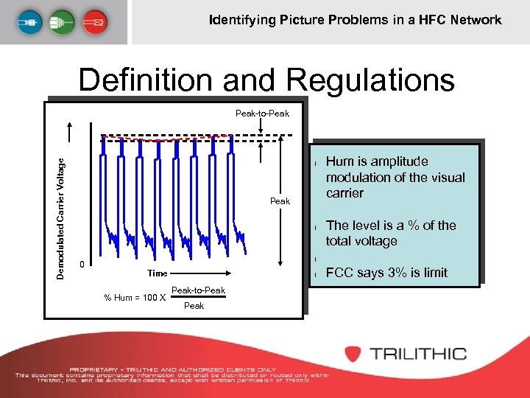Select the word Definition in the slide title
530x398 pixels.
[160, 80]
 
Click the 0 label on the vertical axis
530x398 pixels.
[82, 265]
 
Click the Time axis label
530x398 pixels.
[157, 273]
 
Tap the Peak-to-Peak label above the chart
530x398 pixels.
[262, 113]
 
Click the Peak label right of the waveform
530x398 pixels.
[280, 200]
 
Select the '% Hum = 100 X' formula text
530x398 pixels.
[134, 298]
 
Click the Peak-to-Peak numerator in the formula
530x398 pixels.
[198, 290]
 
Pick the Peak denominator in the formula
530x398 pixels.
[194, 306]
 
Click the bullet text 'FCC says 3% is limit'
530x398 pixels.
[386, 273]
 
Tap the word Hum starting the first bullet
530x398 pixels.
[340, 161]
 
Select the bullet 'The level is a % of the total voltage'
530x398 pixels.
[390, 233]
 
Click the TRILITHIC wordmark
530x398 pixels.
[418, 353]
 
